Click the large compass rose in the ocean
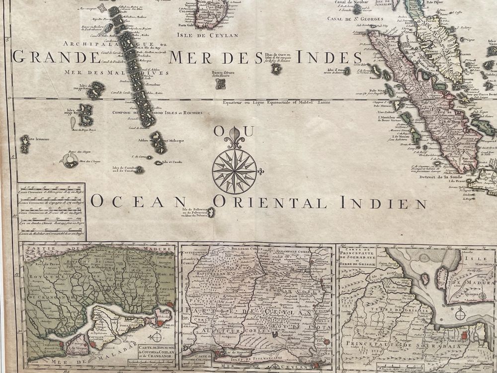pos(234,171)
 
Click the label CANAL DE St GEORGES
pos(355,19)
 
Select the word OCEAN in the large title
pos(138,202)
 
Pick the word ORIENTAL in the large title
pos(270,202)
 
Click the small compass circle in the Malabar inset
pos(157,337)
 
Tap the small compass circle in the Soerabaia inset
pos(460,314)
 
